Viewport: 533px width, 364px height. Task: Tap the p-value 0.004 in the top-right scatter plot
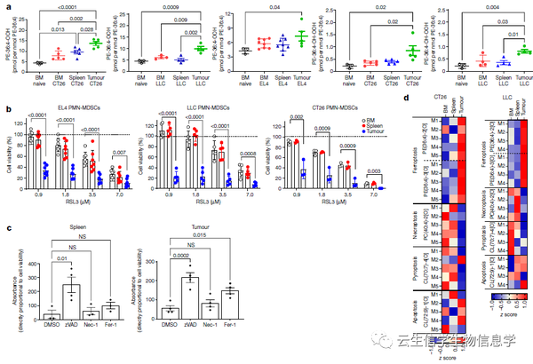click(x=481, y=8)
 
